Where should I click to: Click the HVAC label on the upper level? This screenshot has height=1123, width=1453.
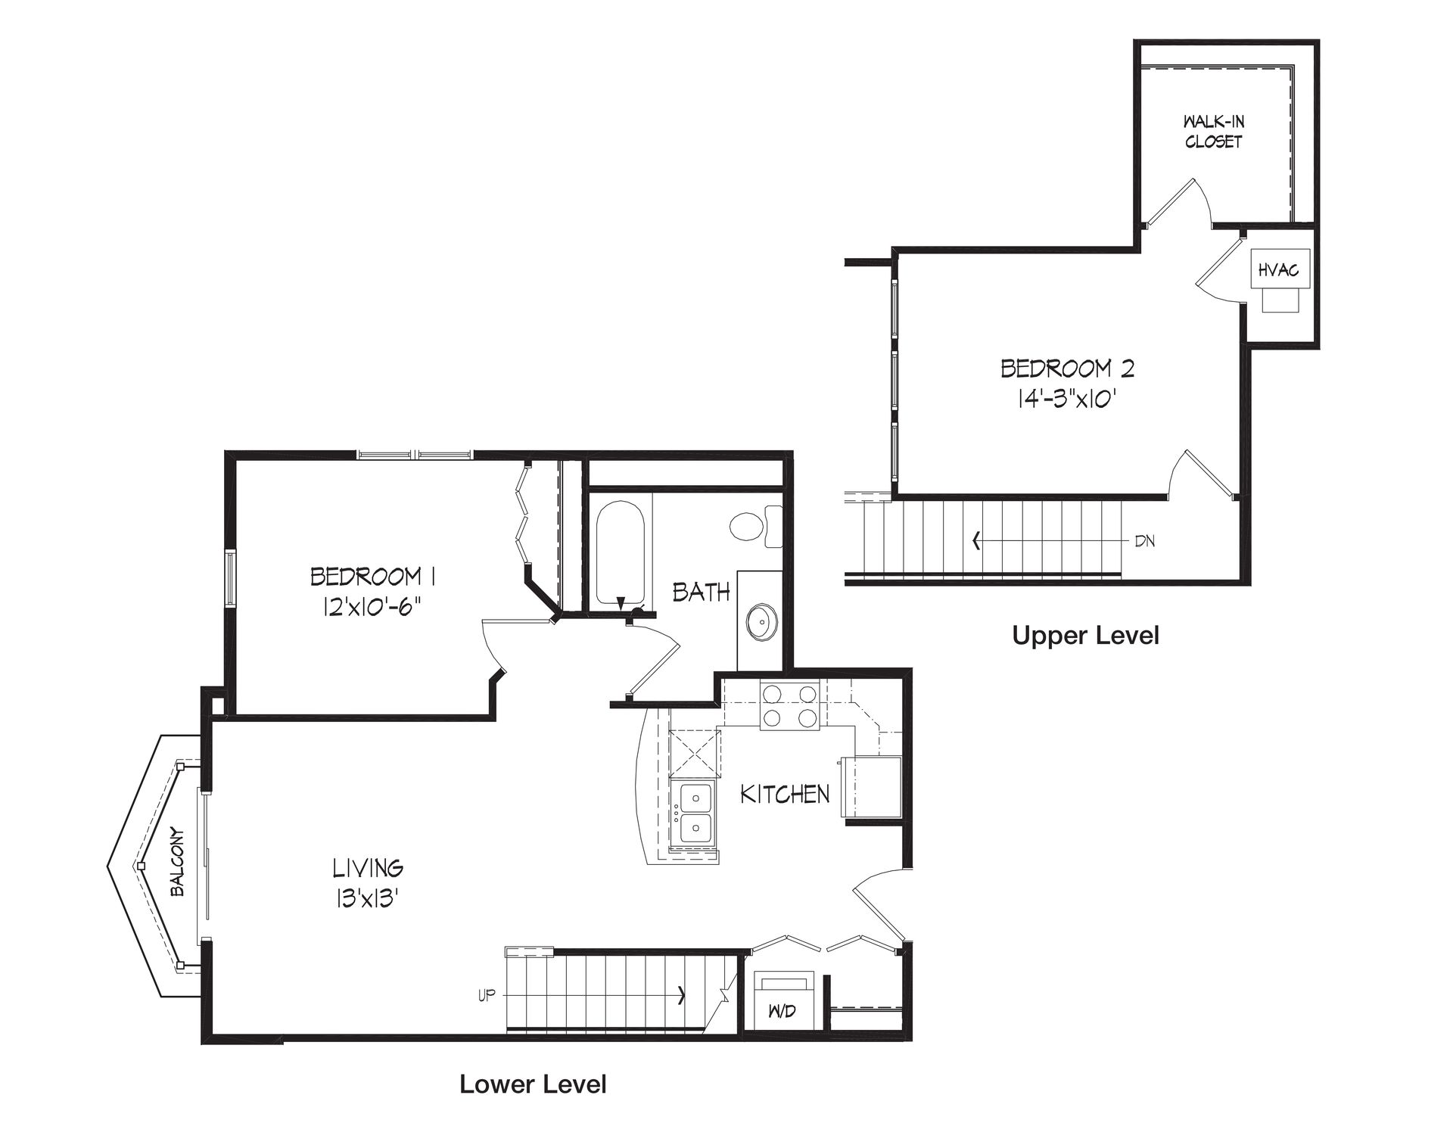click(x=1278, y=269)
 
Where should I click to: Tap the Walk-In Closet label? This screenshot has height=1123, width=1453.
click(x=1214, y=132)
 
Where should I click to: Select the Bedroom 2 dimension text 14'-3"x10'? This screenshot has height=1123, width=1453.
click(x=1068, y=399)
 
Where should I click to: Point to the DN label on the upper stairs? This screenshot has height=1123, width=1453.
click(x=1144, y=541)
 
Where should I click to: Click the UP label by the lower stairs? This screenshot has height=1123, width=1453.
click(x=486, y=996)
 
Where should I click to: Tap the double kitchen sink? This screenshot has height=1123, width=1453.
click(x=694, y=813)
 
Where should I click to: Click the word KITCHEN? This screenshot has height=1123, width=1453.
click(x=784, y=794)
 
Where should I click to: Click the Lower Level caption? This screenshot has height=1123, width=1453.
click(x=533, y=1084)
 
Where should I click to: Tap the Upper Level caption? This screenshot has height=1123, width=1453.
click(x=1085, y=636)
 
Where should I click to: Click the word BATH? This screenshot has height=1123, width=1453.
click(x=702, y=592)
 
